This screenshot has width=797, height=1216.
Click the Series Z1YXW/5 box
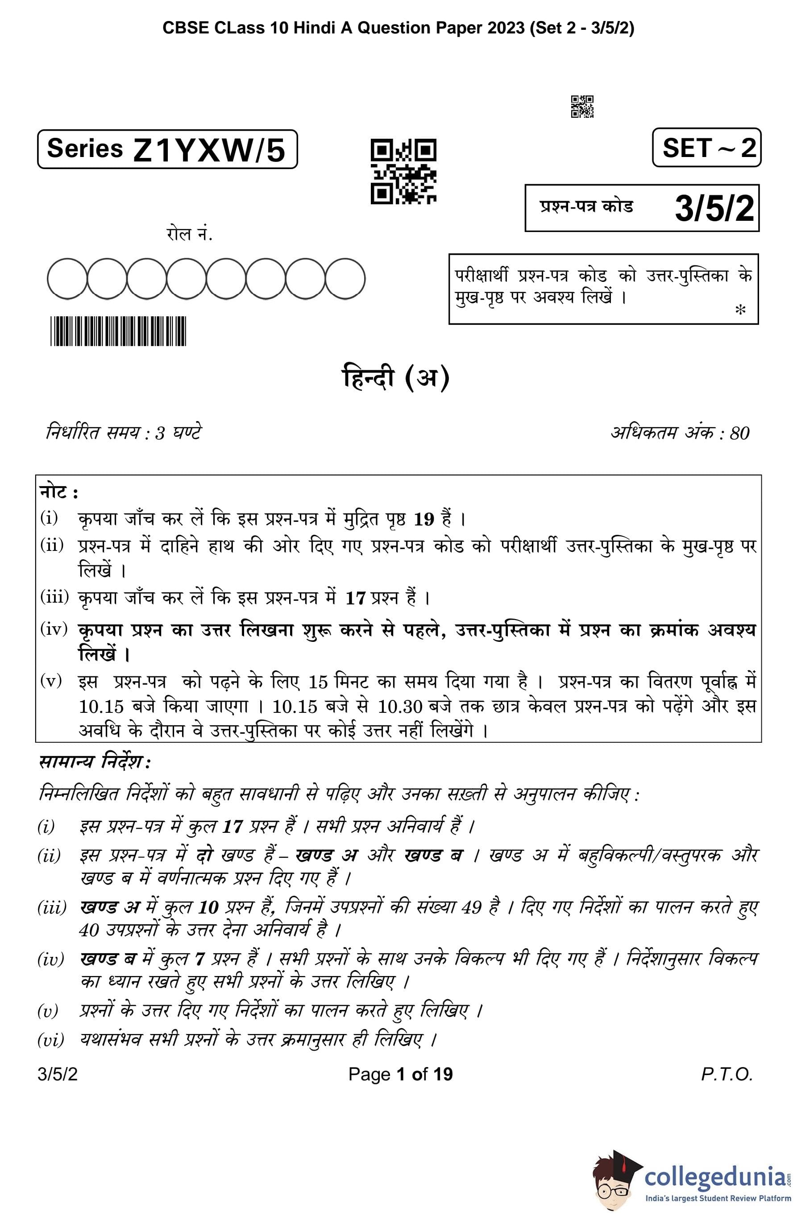click(x=167, y=149)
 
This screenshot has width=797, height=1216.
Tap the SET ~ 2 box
click(x=706, y=148)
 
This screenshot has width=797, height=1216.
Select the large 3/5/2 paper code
click(x=714, y=208)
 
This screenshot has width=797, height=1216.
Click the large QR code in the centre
click(x=403, y=171)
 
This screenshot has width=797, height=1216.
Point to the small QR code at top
click(x=582, y=106)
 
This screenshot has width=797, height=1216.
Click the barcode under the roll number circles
click(x=118, y=331)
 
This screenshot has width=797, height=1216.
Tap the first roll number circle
click(x=67, y=279)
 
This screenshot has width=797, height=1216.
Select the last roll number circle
click(x=345, y=279)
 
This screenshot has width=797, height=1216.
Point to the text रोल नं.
click(x=189, y=234)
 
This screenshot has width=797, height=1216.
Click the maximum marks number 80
click(x=739, y=433)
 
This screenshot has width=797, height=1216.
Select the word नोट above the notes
click(x=54, y=492)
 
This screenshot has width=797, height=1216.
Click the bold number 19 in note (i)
click(x=424, y=520)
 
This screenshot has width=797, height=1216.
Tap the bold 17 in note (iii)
click(x=355, y=598)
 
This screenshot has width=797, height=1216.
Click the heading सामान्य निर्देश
click(x=95, y=762)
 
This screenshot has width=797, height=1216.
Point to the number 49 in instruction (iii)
click(x=472, y=907)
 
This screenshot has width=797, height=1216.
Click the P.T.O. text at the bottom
click(x=727, y=1075)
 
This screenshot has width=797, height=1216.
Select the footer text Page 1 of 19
click(x=400, y=1075)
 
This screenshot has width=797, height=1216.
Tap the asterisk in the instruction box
click(x=740, y=310)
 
